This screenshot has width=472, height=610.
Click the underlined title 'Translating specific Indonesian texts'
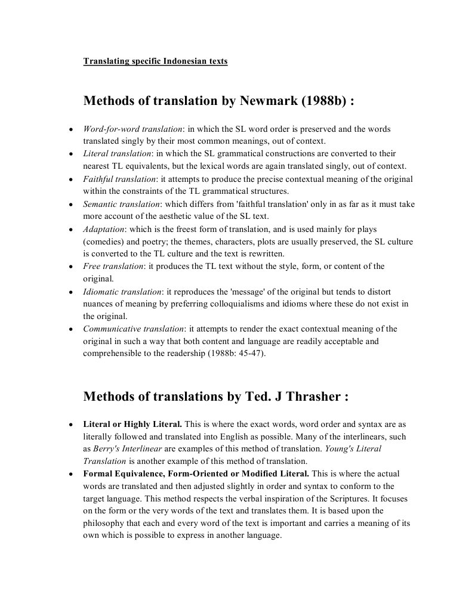pyautogui.click(x=155, y=61)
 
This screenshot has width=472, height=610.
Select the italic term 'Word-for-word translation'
pyautogui.click(x=132, y=129)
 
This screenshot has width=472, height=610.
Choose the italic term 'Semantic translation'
pyautogui.click(x=121, y=204)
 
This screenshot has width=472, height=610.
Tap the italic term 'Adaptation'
pyautogui.click(x=103, y=229)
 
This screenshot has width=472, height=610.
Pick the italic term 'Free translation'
pyautogui.click(x=113, y=266)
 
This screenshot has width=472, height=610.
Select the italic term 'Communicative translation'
pyautogui.click(x=133, y=329)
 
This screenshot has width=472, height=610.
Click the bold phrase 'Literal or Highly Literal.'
pyautogui.click(x=132, y=425)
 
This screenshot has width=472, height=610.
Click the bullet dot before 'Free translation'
pyautogui.click(x=71, y=267)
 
